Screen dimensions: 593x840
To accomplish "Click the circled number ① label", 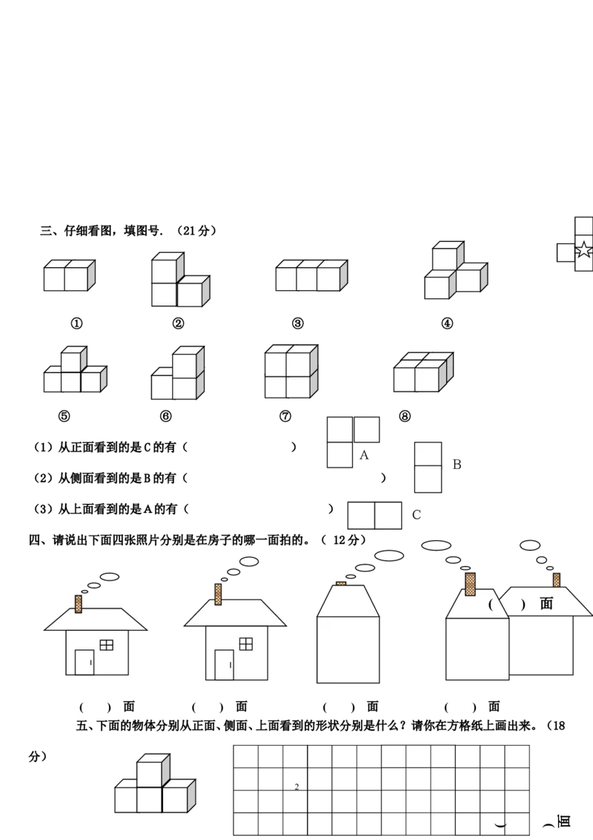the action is (x=76, y=324).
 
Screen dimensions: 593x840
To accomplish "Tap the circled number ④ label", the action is (x=447, y=324).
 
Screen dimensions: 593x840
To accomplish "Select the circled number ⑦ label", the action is (x=285, y=416).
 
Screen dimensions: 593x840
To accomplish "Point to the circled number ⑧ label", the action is (x=405, y=416).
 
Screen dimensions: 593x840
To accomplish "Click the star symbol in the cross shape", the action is (x=584, y=249).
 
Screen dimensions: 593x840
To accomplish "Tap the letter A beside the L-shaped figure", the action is (x=364, y=456).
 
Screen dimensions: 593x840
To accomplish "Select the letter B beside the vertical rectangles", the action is (x=457, y=465).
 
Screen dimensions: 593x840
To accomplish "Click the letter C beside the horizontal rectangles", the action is (x=417, y=515).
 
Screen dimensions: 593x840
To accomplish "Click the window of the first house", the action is (x=107, y=645).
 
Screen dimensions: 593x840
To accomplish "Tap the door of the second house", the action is (x=224, y=665).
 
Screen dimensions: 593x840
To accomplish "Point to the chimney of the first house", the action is (x=78, y=604).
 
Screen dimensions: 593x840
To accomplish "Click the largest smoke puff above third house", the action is (x=389, y=556).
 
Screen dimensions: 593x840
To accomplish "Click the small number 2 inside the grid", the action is (x=296, y=787).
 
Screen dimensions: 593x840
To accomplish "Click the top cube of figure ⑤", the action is (x=73, y=359).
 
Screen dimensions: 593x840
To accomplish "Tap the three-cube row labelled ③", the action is (x=311, y=275).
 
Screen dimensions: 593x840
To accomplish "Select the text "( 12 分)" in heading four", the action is (x=344, y=540).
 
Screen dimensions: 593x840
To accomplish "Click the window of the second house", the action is (x=245, y=644).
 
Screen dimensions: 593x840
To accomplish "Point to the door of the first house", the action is (x=84, y=662).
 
